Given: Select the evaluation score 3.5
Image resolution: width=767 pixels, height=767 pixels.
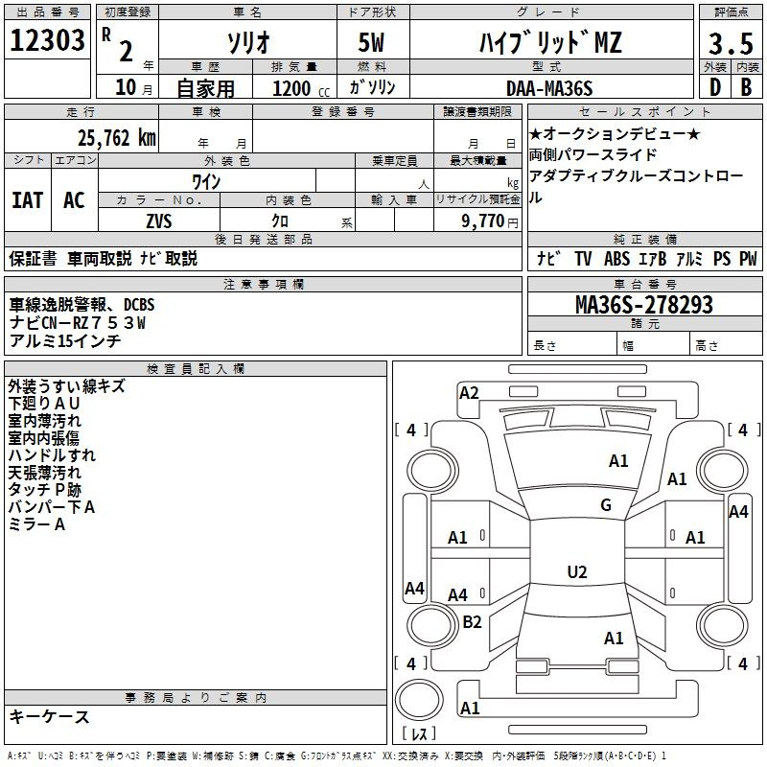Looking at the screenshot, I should (x=730, y=42).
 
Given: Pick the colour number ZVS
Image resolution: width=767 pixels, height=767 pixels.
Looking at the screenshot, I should (x=158, y=220).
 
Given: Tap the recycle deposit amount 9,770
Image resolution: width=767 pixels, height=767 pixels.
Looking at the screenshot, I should (x=490, y=221).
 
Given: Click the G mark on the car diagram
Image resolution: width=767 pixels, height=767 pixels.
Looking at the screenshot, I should (x=605, y=505).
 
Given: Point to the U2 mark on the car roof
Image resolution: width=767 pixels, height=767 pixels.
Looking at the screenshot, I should (x=576, y=572).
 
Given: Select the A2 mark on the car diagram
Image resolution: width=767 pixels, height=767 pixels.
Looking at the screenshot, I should (x=469, y=392).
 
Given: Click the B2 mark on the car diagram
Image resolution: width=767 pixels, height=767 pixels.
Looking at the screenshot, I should (x=472, y=622).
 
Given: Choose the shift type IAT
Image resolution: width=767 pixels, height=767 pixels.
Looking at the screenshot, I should (x=28, y=200).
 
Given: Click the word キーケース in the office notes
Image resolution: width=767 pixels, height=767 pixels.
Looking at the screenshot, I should (x=49, y=717).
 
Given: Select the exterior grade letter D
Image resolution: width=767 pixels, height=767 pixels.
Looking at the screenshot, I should (x=714, y=87).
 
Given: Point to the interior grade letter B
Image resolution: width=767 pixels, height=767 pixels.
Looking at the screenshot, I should (x=746, y=87).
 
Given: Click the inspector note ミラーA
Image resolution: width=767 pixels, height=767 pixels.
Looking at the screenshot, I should (x=36, y=524).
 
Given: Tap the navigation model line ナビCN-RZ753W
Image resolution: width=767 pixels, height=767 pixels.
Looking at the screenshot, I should (x=78, y=323).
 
